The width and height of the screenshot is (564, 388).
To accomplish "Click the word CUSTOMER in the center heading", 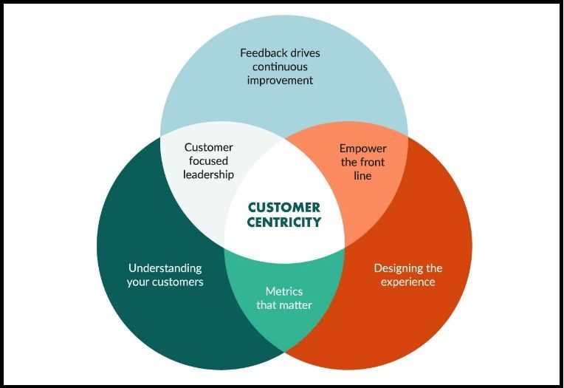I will pos(284,207).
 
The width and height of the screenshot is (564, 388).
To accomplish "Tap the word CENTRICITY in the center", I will pos(284,221).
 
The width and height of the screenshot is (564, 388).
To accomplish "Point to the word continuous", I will pos(280,67).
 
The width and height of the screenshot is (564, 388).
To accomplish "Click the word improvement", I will pos(280,80).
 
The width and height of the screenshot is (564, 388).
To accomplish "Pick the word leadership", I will pos(209,175).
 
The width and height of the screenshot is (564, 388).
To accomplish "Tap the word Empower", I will pos(363,148).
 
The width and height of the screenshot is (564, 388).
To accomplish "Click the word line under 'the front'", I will pos(363,176).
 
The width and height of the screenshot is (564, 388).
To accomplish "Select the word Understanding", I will pos(165,268).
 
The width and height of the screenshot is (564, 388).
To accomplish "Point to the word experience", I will pos(409,282).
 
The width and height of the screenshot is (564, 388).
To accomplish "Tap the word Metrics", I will pos(284,291).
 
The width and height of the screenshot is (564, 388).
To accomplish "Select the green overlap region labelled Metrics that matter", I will pos(284,325).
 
